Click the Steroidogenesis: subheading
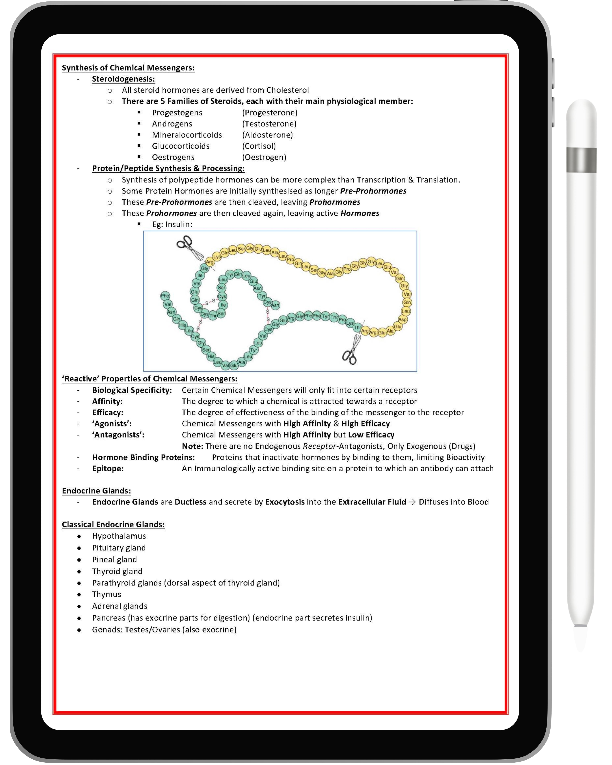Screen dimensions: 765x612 123,79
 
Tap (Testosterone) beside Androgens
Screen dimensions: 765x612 269,124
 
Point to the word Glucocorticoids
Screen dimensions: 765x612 181,146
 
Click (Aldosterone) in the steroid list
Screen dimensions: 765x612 267,135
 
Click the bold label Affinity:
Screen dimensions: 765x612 107,401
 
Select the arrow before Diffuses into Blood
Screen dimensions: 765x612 412,502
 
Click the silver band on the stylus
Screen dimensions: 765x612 581,160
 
